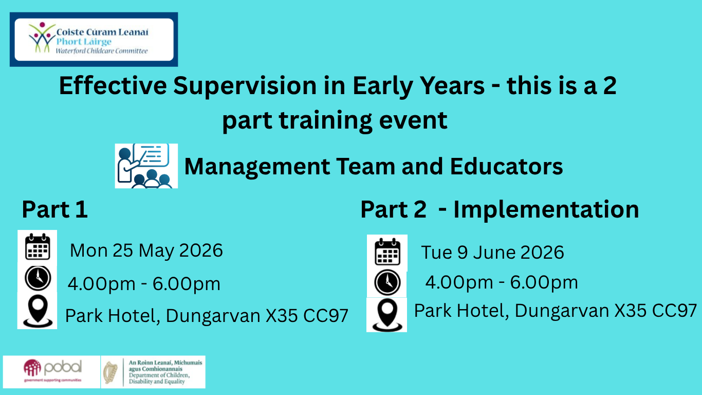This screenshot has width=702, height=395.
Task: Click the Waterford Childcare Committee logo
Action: point(94,40)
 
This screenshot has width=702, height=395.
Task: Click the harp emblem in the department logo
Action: point(110,372)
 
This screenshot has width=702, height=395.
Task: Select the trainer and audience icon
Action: point(146,166)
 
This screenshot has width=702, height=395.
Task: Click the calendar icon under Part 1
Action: point(38,246)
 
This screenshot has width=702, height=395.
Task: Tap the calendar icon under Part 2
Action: point(387,252)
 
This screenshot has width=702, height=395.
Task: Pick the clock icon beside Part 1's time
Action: point(38,278)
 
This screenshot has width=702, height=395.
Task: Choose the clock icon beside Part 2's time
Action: point(387,282)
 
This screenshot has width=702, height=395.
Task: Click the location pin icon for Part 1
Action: point(38,312)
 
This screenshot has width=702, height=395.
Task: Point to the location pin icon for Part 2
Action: point(387,315)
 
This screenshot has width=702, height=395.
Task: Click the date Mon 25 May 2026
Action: point(146,250)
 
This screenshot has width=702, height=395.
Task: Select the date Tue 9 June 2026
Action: point(492,253)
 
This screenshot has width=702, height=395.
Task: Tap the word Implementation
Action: point(546,209)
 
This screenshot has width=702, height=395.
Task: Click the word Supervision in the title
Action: point(245,86)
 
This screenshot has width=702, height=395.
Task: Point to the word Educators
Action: point(506,166)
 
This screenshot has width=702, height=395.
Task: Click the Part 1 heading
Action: point(55,209)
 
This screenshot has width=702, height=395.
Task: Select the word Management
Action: point(257,167)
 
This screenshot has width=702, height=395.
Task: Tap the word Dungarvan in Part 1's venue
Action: point(213,316)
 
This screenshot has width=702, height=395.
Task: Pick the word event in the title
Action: point(413,120)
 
